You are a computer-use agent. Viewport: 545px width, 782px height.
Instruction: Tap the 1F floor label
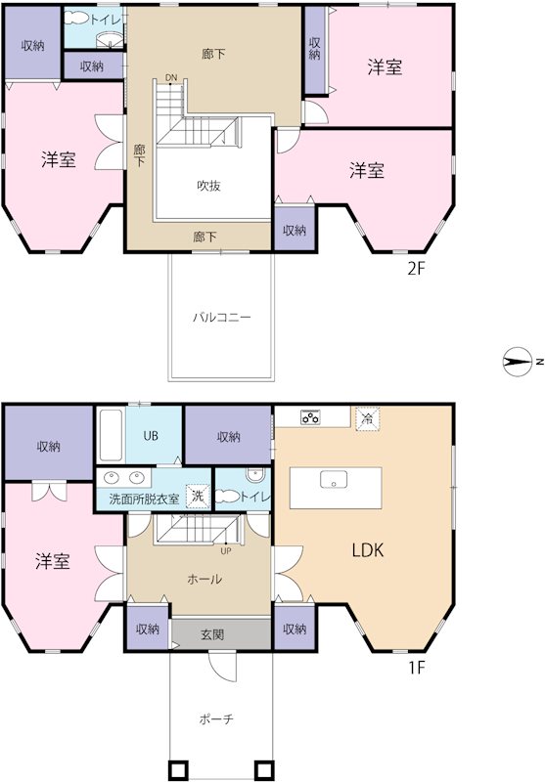click(417, 669)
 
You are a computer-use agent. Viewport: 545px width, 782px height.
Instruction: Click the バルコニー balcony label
click(221, 318)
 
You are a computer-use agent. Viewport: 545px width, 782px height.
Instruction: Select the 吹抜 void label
click(208, 185)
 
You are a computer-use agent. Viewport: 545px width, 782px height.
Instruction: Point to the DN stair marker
click(171, 77)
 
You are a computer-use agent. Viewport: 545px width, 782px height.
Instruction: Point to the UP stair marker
click(226, 550)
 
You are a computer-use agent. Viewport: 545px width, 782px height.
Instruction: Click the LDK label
click(368, 550)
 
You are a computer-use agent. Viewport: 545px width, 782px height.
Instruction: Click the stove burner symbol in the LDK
click(312, 417)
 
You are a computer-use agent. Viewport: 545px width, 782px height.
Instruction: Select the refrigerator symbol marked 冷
click(367, 416)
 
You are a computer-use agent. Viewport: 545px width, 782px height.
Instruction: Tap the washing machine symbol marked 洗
click(198, 496)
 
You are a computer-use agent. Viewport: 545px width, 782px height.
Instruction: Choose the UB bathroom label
click(152, 436)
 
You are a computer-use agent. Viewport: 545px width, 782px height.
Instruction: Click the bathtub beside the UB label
click(110, 437)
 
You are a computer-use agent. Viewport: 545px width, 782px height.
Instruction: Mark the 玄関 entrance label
click(212, 634)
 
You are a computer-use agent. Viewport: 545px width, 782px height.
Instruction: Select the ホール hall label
click(204, 579)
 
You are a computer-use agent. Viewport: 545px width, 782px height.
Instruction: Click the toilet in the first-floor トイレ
click(253, 477)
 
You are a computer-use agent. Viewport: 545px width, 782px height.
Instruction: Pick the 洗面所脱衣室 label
click(144, 499)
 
